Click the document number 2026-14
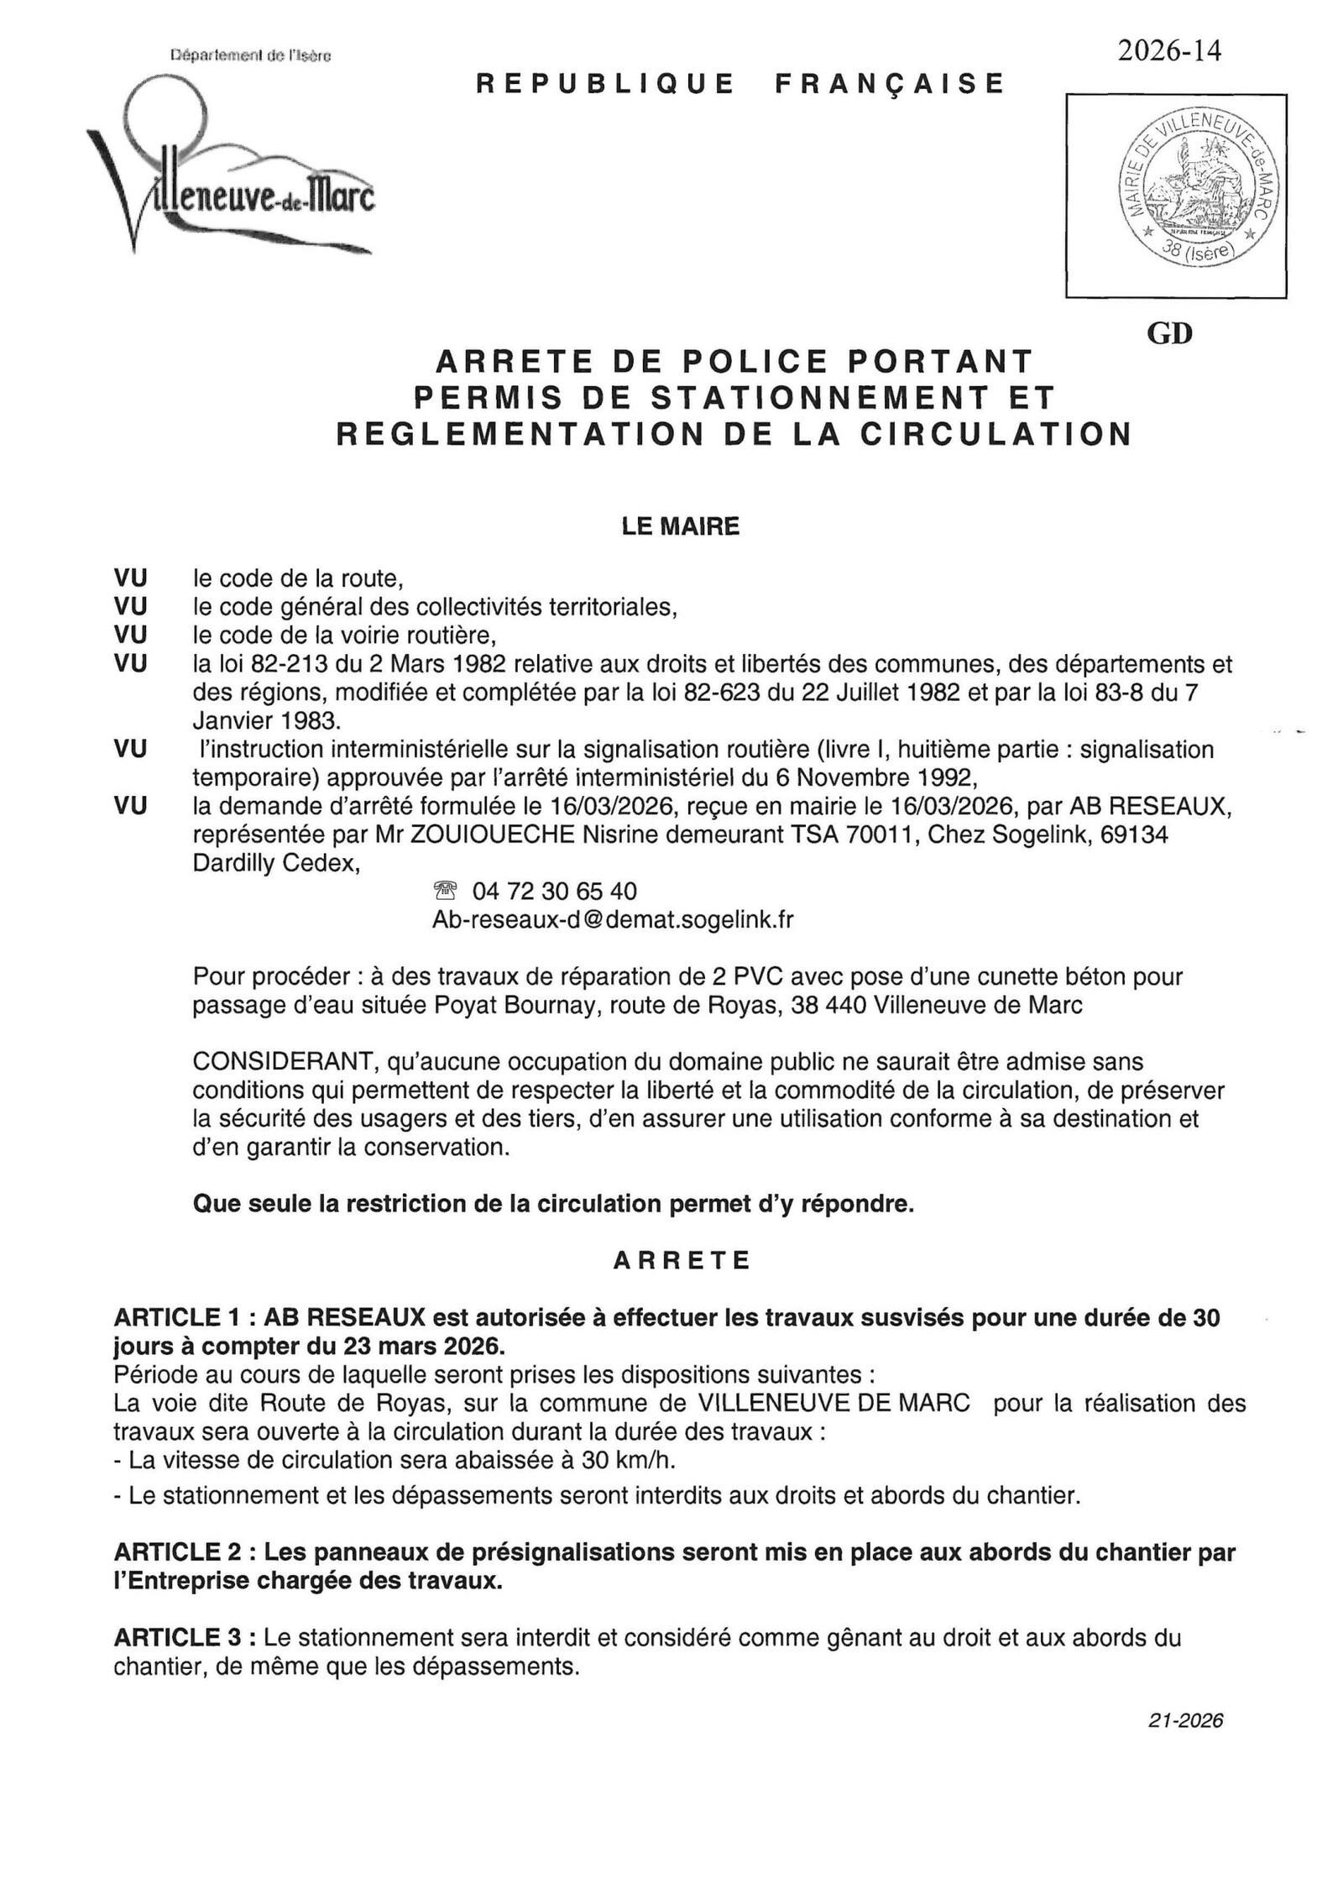[1168, 52]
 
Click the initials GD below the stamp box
[1168, 333]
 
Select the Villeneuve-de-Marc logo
[231, 168]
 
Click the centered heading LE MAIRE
[680, 526]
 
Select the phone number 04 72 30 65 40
[554, 891]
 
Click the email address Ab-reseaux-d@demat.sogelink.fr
[612, 920]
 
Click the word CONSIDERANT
[282, 1062]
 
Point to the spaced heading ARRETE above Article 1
[682, 1261]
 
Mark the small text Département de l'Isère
[250, 56]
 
